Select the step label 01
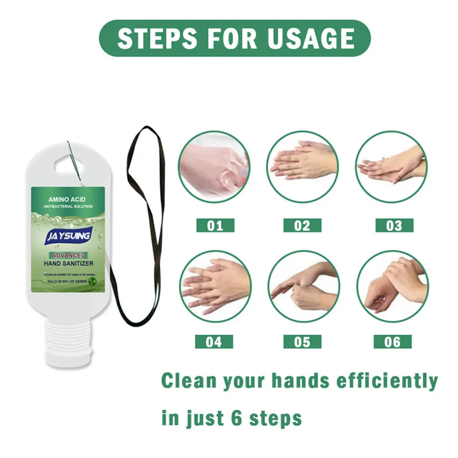coord(215,225)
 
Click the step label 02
coord(302,225)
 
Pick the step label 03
coord(394,225)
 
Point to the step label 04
coord(214,342)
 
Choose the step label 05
coord(302,342)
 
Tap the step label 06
coord(393,342)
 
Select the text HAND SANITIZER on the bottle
coord(69,263)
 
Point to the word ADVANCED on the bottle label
coord(68,255)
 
